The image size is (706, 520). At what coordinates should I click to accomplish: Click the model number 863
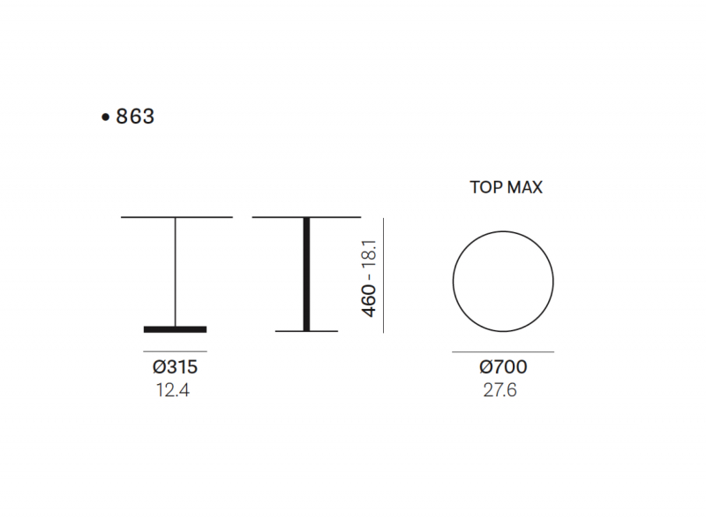point(135,117)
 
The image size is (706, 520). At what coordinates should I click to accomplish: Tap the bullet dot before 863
point(105,117)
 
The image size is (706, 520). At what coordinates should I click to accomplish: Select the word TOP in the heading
point(484,187)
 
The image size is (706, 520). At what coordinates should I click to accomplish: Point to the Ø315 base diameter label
point(175,366)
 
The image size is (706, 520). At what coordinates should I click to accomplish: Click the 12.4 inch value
point(173,390)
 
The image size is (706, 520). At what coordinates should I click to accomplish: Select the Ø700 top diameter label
point(503,366)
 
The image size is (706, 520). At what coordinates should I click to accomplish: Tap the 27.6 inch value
point(499,390)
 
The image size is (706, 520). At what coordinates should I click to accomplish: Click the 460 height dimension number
point(368,301)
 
